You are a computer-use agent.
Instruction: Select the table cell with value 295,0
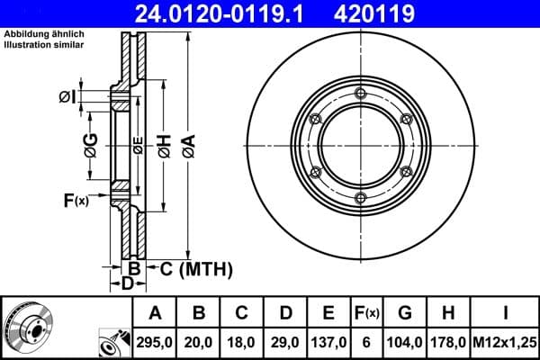(155, 341)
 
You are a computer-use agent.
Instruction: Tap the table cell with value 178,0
(447, 341)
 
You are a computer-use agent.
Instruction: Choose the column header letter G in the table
(405, 314)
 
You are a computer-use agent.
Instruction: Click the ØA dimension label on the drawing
(187, 145)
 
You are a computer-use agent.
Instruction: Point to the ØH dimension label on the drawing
(164, 145)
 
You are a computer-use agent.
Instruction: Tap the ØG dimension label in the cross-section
(92, 145)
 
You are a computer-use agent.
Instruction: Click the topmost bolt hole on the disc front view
(360, 95)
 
